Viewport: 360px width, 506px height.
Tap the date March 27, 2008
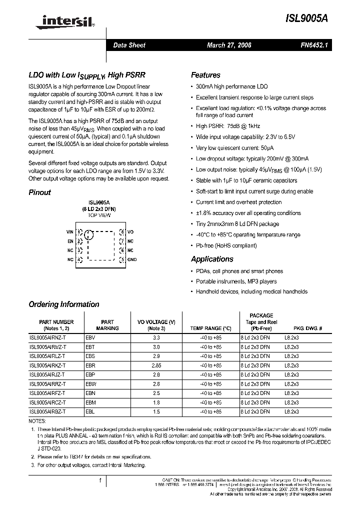pos(229,45)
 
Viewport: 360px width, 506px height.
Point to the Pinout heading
pos(39,192)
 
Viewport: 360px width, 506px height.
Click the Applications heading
pos(212,259)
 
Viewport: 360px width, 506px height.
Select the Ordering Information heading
pos(63,304)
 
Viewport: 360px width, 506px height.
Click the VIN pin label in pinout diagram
pos(69,232)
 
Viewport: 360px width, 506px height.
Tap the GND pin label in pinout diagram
pos(132,259)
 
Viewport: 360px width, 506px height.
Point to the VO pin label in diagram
pos(130,232)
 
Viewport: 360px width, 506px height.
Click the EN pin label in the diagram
pos(70,241)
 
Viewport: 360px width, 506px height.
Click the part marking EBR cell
pos(90,365)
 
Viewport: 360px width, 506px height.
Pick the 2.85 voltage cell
pos(156,365)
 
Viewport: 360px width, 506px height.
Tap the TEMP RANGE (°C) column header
pos(210,328)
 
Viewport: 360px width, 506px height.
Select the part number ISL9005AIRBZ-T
pos(47,411)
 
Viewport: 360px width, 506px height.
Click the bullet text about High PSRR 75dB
pos(228,126)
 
